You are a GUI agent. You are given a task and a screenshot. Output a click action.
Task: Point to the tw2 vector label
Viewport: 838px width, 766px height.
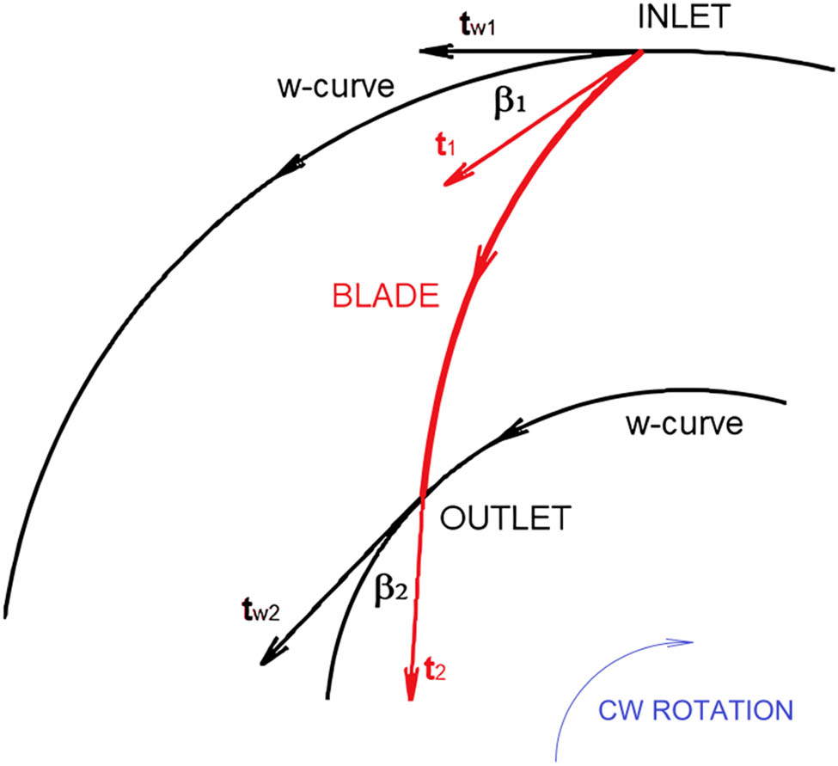tap(260, 614)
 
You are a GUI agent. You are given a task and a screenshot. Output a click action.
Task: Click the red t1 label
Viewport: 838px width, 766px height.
tap(444, 147)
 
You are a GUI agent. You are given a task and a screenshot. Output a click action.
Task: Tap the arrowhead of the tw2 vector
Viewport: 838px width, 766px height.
tap(268, 656)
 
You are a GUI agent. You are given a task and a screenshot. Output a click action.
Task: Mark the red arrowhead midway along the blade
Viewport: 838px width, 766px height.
tap(482, 260)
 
